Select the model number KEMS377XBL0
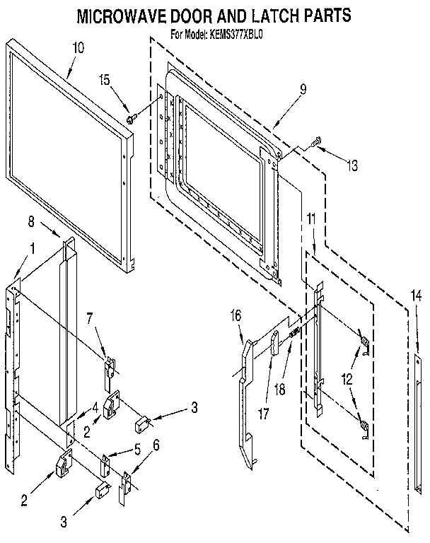[241, 32]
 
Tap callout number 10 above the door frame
[79, 48]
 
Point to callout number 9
[302, 89]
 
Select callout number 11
[312, 221]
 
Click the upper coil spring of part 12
[365, 344]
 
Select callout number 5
[136, 448]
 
